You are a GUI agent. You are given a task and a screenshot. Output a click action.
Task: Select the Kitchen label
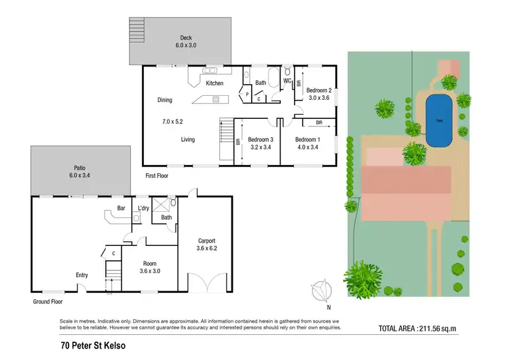(x=214, y=84)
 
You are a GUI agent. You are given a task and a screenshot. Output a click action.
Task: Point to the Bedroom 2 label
(x=318, y=94)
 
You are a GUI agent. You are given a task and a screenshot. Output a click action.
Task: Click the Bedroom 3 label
(x=256, y=143)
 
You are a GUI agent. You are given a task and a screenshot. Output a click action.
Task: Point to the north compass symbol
(x=320, y=291)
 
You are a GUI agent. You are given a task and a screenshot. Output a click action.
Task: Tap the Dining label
(x=165, y=100)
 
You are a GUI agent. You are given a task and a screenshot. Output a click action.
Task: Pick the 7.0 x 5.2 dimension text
(x=172, y=122)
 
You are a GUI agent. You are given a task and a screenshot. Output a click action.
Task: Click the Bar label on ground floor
(x=121, y=208)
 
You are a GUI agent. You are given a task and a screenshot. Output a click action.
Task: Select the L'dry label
(x=143, y=208)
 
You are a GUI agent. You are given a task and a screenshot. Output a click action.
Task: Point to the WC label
(x=287, y=82)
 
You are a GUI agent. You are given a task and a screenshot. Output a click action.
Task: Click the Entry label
(x=82, y=275)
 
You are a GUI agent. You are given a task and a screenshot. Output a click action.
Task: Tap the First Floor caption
(x=157, y=175)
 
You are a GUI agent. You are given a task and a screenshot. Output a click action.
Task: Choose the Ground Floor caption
(x=48, y=301)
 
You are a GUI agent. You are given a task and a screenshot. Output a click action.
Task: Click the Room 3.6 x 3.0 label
(x=149, y=267)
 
